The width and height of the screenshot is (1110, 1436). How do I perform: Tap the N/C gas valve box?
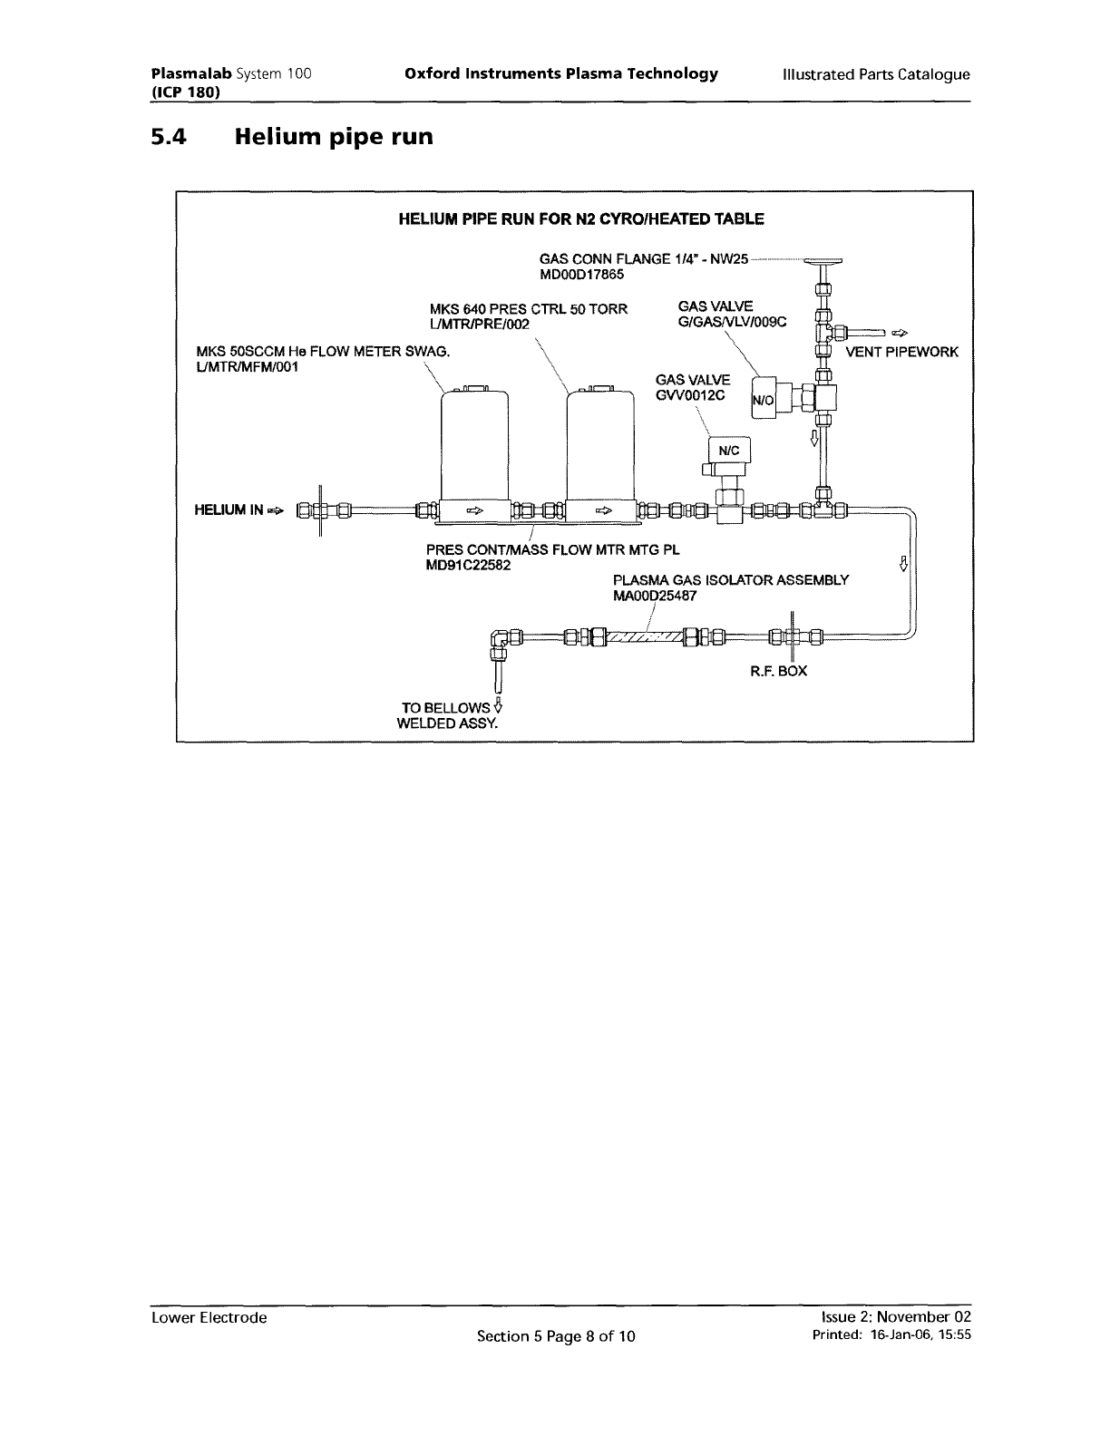click(x=729, y=451)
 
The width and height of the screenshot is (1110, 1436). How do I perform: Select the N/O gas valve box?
click(x=764, y=401)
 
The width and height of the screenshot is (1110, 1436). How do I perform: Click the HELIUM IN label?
click(x=230, y=509)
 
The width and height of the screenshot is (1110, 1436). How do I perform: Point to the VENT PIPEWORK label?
click(x=901, y=351)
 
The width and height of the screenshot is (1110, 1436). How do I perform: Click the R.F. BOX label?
click(x=778, y=671)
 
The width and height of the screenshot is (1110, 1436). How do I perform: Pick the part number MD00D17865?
click(x=581, y=275)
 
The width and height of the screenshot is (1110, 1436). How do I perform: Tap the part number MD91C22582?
click(x=468, y=565)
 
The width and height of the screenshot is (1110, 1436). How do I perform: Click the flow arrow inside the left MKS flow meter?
click(x=473, y=511)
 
